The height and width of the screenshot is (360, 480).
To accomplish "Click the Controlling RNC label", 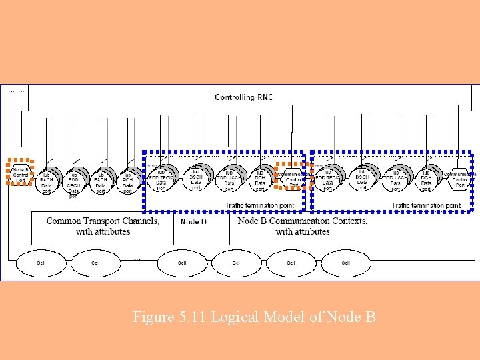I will pyautogui.click(x=243, y=97).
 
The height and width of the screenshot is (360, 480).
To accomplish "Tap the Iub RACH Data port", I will pyautogui.click(x=46, y=179).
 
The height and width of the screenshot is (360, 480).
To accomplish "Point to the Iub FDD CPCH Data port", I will pyautogui.click(x=73, y=182).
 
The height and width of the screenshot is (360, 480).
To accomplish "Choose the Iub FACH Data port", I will pyautogui.click(x=100, y=180).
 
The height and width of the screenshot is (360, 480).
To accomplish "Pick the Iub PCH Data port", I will pyautogui.click(x=127, y=180).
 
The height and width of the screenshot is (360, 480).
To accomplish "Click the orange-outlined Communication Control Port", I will pyautogui.click(x=293, y=176).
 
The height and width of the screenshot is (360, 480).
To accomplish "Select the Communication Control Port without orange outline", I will pyautogui.click(x=460, y=177).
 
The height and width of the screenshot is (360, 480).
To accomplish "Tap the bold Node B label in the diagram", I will pyautogui.click(x=193, y=221).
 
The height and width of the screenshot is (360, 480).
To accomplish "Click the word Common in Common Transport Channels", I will pyautogui.click(x=63, y=221).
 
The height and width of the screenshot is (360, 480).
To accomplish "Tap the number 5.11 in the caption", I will pyautogui.click(x=192, y=317).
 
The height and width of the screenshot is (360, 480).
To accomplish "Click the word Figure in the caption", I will pyautogui.click(x=151, y=317).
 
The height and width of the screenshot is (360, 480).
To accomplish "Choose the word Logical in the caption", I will pyautogui.click(x=234, y=317).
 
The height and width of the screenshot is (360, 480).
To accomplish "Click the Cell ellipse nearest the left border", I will pyautogui.click(x=41, y=263).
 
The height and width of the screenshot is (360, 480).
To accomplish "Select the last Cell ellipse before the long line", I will pyautogui.click(x=345, y=263).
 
